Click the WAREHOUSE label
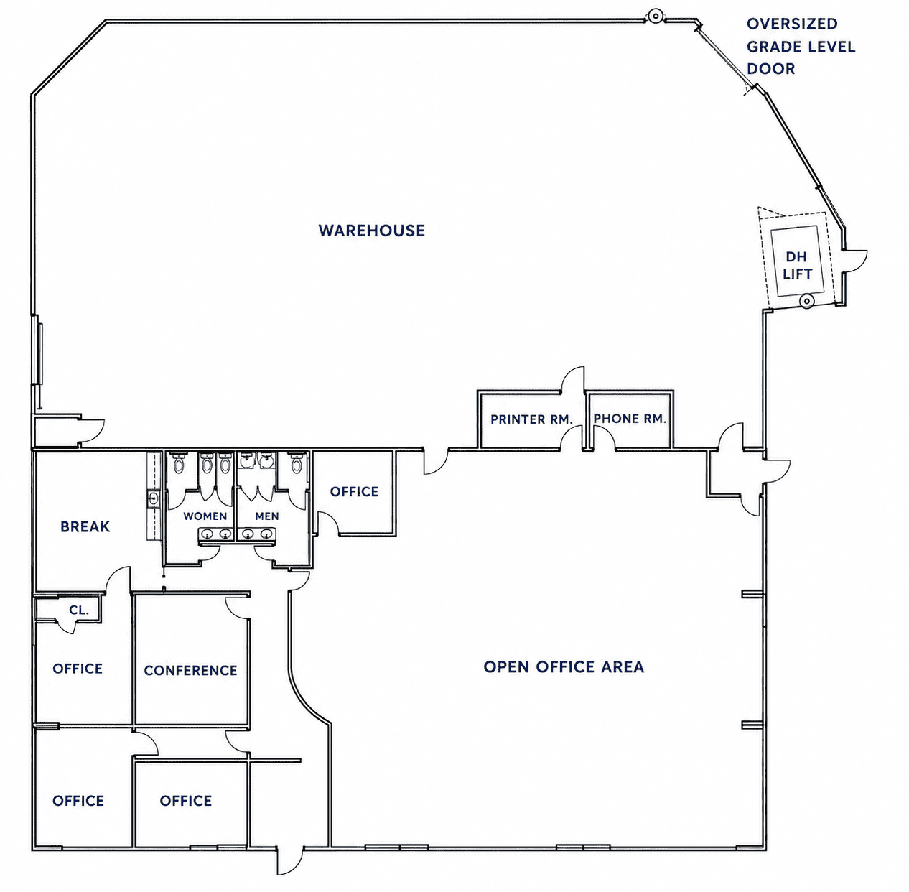point(372,231)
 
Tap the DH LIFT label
point(797,265)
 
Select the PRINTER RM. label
point(531,419)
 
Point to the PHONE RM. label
point(630,418)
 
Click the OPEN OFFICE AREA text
point(564,667)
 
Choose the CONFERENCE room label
point(190,670)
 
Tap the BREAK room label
point(85,526)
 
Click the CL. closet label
point(79,610)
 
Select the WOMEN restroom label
point(205,516)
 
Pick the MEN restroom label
point(267,516)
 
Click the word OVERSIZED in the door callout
point(792,24)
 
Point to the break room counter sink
point(154,498)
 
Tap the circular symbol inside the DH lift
point(806,301)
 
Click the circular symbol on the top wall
point(655,17)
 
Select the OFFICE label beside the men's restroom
point(354,492)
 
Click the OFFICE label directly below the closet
point(78,669)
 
